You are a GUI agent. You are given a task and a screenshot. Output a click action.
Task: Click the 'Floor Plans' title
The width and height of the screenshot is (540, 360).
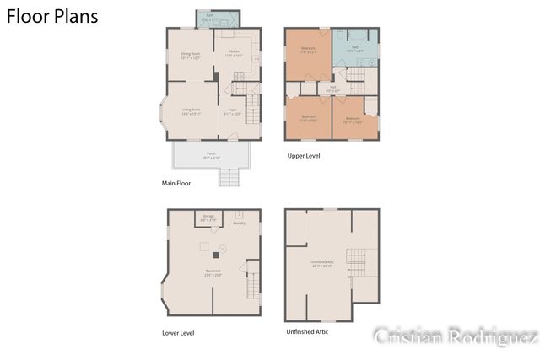pos(52,16)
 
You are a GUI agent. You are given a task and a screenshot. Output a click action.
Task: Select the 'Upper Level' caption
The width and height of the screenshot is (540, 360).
pos(304,156)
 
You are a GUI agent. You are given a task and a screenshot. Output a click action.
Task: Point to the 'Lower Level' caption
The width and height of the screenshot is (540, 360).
pos(178,333)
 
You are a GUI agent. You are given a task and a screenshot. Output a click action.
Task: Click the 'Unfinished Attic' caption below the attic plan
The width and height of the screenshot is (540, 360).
pos(308,331)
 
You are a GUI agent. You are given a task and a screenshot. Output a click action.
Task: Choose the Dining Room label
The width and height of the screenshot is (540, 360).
pos(190,56)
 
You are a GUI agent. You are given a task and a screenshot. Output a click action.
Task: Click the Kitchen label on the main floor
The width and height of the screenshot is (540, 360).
pos(234,53)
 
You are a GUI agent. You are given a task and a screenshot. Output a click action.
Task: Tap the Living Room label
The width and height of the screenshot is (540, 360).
pos(192,111)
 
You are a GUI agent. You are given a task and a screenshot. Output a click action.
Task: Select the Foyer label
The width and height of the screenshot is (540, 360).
pos(232,111)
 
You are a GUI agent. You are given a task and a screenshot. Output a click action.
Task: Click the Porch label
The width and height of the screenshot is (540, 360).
pos(211,155)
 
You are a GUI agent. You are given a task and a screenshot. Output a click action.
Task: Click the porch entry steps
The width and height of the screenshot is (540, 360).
pos(229,178)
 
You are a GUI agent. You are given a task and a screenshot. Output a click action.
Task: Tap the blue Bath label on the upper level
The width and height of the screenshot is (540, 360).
pos(355,49)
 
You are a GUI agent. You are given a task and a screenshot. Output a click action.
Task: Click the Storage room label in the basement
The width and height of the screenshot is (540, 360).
pos(208,218)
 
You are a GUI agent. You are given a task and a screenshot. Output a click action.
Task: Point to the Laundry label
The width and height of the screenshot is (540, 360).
pos(239,223)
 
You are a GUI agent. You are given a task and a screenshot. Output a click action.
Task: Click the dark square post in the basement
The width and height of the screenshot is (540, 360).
pos(213,254)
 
